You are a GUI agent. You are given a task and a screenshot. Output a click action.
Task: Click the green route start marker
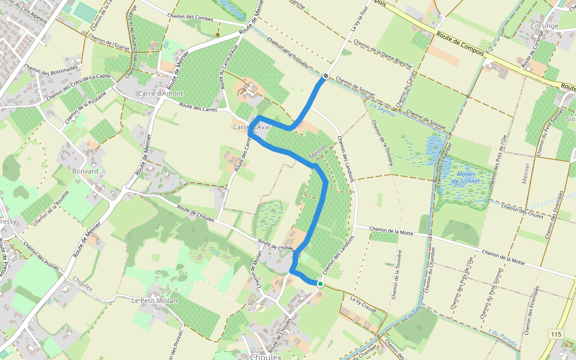[x=320, y=284]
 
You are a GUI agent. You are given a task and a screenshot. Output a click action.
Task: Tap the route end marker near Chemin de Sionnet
[x=325, y=76]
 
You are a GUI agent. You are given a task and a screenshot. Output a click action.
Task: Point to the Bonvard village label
[x=85, y=171]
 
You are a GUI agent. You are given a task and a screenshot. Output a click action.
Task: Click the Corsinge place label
[x=545, y=26]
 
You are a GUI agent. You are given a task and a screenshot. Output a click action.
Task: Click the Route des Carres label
[x=201, y=107]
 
